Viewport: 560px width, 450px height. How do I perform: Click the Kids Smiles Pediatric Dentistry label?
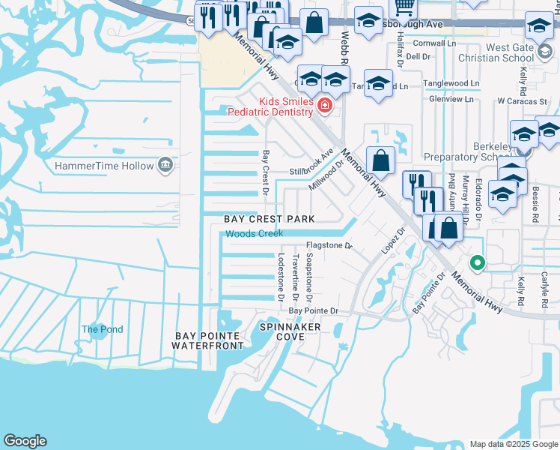(285, 106)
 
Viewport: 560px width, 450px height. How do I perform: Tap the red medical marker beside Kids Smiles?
(324, 105)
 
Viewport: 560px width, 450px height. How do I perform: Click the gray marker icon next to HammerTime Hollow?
(165, 166)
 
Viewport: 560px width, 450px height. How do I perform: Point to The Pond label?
(102, 329)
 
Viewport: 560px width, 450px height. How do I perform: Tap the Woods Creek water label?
(255, 234)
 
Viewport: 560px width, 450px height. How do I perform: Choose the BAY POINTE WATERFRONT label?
(207, 340)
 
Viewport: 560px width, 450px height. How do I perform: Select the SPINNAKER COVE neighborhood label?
(290, 332)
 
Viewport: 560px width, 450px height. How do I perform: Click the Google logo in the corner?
(25, 441)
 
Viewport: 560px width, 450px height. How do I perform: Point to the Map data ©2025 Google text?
(514, 444)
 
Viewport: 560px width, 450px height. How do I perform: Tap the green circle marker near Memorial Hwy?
(476, 263)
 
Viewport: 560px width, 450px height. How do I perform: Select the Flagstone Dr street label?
(329, 245)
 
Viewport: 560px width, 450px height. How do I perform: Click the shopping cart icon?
(404, 6)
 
